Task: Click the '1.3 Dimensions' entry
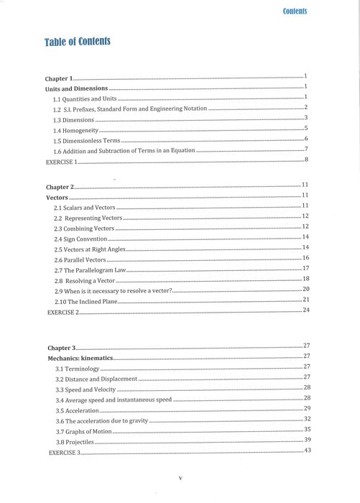73,121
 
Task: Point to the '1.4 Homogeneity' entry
75,131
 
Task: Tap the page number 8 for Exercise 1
306,159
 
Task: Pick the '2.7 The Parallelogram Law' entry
90,269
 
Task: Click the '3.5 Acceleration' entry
78,411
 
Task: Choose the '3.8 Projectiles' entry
75,443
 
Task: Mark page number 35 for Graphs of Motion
307,429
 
